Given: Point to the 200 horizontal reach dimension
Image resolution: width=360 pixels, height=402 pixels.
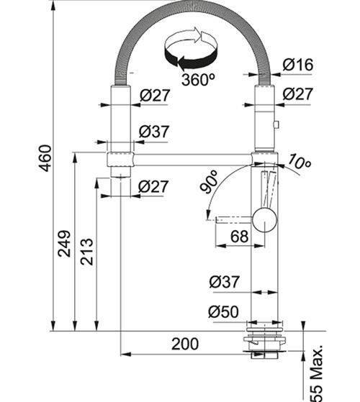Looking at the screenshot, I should coord(185,344).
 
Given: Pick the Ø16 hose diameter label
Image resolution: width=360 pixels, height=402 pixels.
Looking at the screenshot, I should coord(297,65).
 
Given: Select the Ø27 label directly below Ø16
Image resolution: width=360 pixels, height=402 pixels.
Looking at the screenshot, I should coord(297,93).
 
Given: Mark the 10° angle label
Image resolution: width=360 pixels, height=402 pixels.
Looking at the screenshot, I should coord(298,163).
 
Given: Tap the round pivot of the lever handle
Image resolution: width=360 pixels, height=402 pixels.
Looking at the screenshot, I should coord(264,219).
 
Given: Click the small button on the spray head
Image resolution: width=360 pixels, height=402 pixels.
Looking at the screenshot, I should coord(276,126).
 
